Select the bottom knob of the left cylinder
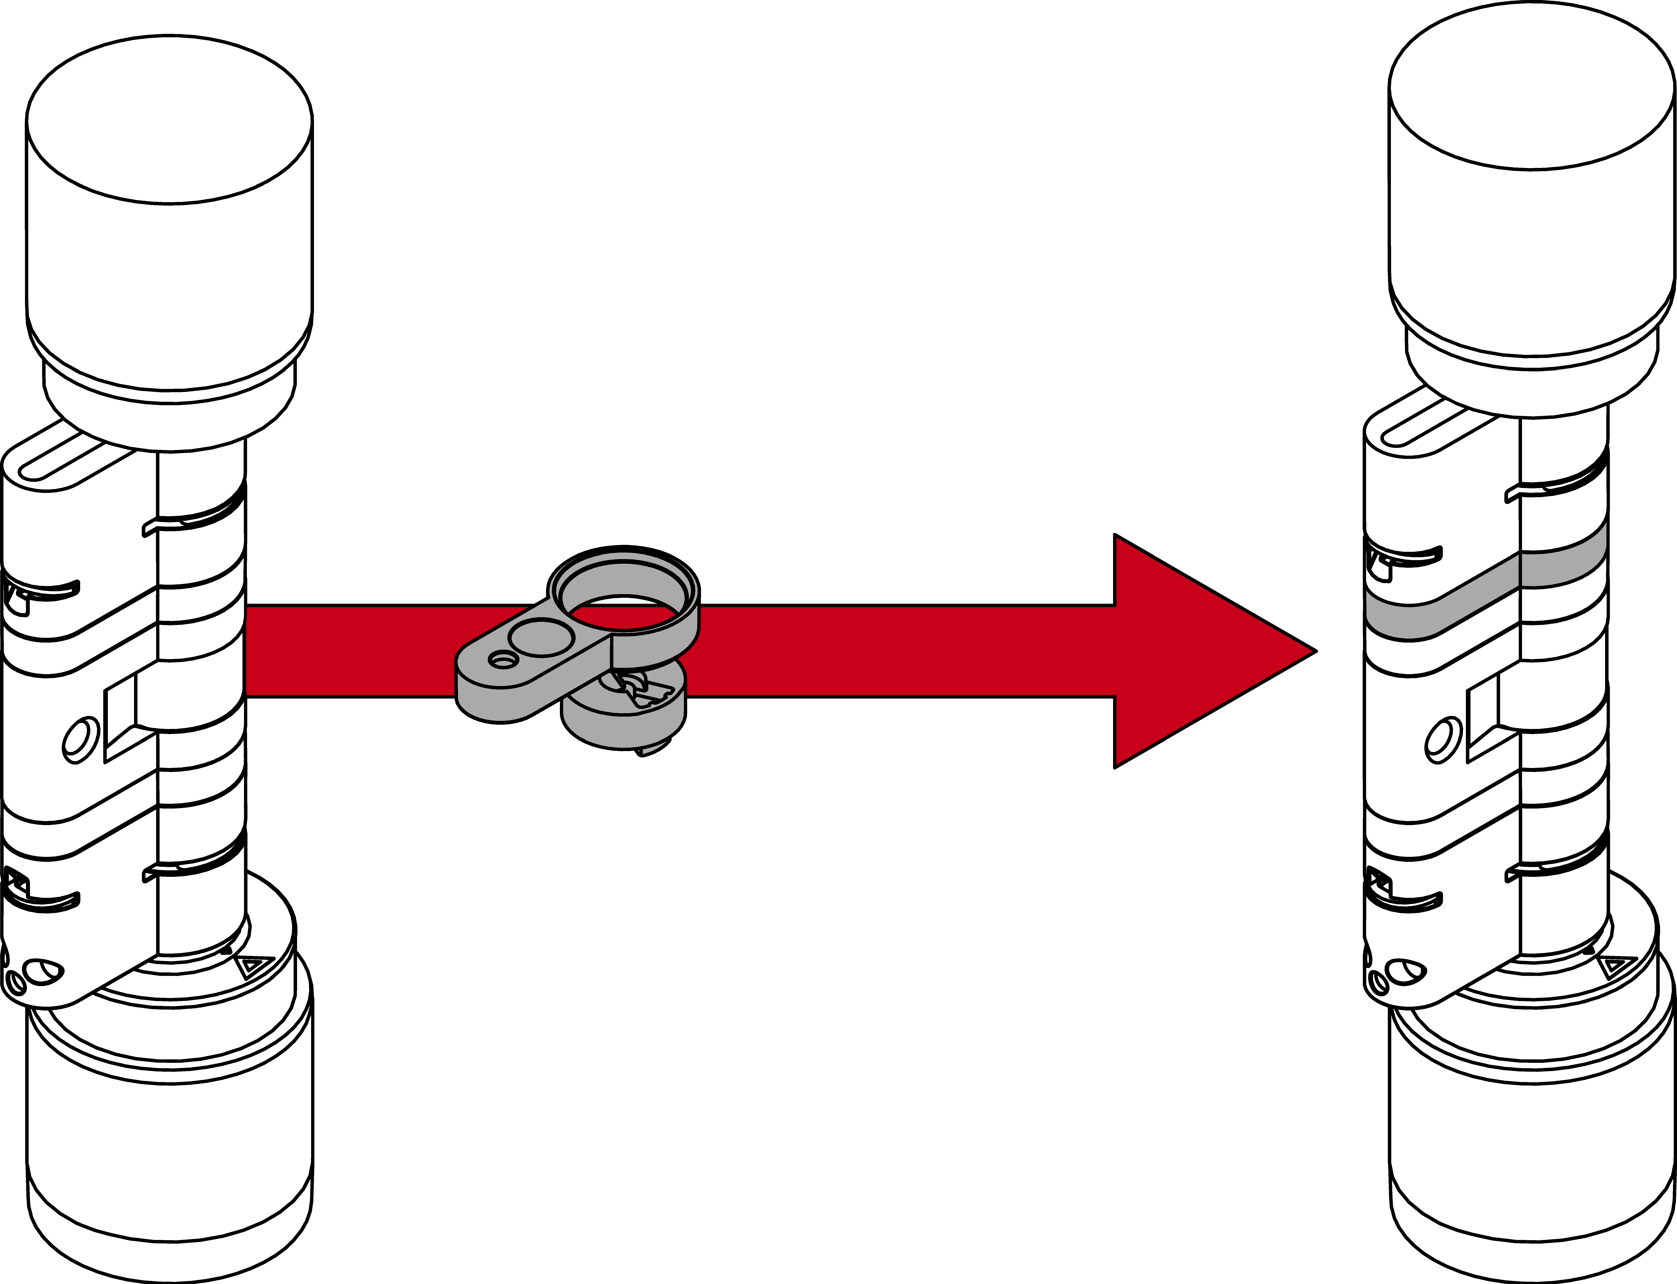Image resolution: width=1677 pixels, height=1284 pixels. [169, 1146]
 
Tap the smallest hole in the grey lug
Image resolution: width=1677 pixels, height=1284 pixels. [503, 659]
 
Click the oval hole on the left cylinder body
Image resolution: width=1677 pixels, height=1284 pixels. [79, 740]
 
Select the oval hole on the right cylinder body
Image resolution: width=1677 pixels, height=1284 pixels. [1442, 740]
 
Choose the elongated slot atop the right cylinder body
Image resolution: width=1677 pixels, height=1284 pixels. [1435, 428]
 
